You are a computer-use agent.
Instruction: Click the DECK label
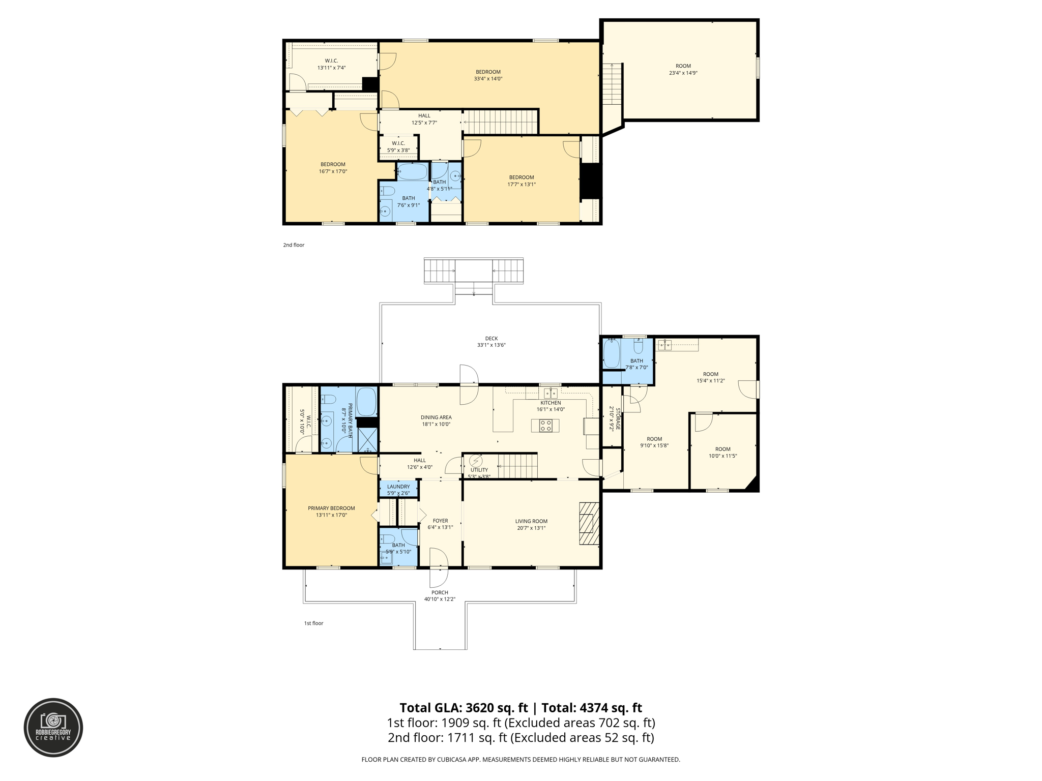click(x=491, y=338)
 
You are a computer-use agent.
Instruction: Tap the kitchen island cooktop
click(x=545, y=425)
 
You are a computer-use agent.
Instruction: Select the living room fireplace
click(x=589, y=523)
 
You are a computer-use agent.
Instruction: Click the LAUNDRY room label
click(x=398, y=487)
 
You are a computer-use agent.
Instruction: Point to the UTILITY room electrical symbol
click(x=476, y=461)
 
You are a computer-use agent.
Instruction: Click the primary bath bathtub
click(x=366, y=402)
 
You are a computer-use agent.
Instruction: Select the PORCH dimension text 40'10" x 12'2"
click(x=440, y=599)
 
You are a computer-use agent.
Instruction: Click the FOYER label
click(x=440, y=521)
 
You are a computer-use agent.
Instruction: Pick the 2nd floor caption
click(x=294, y=245)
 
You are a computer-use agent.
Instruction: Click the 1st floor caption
click(x=313, y=623)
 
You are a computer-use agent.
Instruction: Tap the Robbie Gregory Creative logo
click(x=53, y=728)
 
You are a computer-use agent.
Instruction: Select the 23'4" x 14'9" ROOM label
click(x=683, y=69)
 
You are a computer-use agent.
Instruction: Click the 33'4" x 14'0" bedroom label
click(x=488, y=75)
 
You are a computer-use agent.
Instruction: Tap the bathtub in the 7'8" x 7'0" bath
click(x=611, y=353)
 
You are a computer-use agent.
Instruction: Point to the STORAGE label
click(x=618, y=418)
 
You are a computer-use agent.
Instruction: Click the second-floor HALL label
click(x=424, y=116)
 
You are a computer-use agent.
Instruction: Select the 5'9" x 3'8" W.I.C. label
click(x=398, y=146)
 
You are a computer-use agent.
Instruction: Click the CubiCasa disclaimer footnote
click(x=520, y=760)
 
